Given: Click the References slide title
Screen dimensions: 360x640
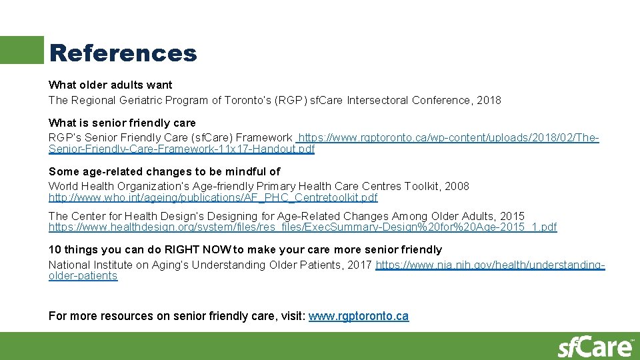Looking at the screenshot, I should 123,53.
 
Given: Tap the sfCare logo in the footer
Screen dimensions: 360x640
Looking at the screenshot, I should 595,347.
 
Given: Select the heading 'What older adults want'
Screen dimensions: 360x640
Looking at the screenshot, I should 110,85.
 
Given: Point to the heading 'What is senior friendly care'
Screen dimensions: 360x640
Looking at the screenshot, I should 122,123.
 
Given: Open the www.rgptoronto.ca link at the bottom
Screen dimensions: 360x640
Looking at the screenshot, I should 359,316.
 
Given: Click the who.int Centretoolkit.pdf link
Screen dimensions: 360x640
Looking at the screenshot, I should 213,197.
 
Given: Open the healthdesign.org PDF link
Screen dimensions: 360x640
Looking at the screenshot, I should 303,227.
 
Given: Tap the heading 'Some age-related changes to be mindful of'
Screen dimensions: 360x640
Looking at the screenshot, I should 164,171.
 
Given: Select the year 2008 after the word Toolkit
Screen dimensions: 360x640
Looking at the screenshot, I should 457,186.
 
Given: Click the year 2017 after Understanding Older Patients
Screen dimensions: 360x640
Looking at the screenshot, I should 360,265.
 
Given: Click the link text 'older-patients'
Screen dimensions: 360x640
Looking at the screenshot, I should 83,275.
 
